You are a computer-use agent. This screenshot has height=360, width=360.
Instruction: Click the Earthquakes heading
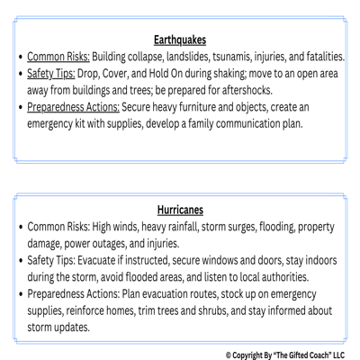[x=180, y=40]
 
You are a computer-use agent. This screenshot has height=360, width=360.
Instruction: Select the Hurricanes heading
[x=180, y=208]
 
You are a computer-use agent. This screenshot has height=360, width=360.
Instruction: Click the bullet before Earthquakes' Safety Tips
[x=18, y=74]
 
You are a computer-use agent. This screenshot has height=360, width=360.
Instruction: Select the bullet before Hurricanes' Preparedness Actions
[x=18, y=293]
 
